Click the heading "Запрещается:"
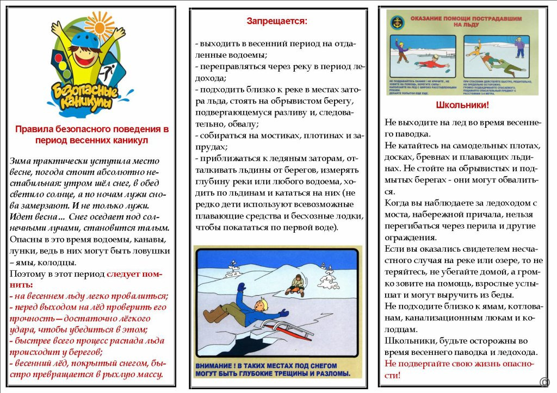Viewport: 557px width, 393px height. (x=277, y=21)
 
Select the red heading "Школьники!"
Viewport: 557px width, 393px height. (x=462, y=105)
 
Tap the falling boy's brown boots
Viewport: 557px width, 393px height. (x=215, y=314)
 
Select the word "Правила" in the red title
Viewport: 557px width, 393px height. (x=30, y=129)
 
